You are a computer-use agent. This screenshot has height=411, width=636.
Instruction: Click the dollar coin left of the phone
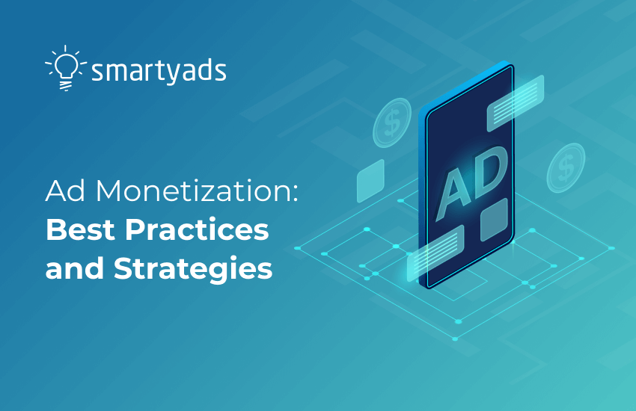coord(391,123)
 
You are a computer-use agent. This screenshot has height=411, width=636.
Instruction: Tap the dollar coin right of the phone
coord(565,167)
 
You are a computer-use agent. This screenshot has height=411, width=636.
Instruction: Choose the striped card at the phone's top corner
coord(516,104)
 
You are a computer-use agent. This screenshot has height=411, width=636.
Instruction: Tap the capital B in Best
coord(55,231)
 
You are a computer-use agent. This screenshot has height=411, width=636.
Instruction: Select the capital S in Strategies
coord(123,269)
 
